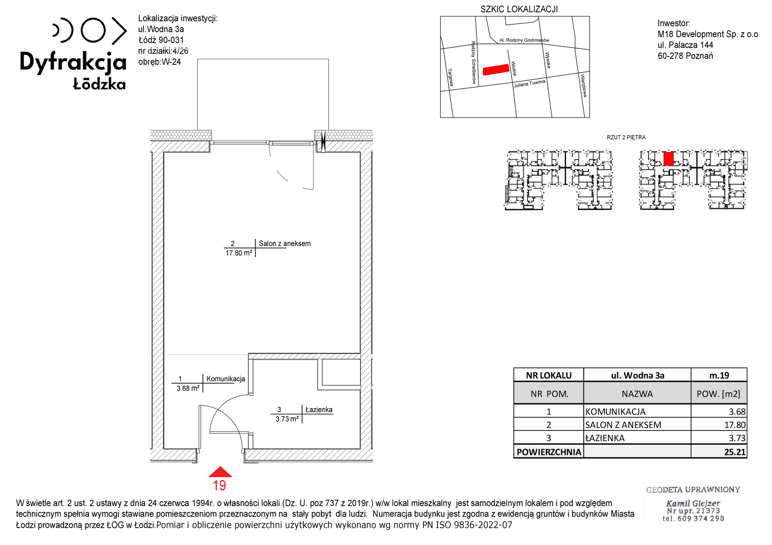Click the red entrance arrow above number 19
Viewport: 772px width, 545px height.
pyautogui.click(x=220, y=472)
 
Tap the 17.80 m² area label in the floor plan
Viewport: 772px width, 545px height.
pyautogui.click(x=239, y=253)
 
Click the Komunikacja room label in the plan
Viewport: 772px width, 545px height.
pyautogui.click(x=226, y=379)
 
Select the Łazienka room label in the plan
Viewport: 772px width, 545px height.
pyautogui.click(x=319, y=410)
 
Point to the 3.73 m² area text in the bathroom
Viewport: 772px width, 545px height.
pyautogui.click(x=287, y=419)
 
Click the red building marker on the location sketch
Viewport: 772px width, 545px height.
pyautogui.click(x=496, y=69)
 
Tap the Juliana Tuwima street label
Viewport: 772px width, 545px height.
pyautogui.click(x=530, y=84)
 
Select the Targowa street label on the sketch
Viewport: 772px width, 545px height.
pyautogui.click(x=450, y=78)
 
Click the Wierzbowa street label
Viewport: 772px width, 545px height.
pyautogui.click(x=584, y=86)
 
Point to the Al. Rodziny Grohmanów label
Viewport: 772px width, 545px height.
pyautogui.click(x=524, y=40)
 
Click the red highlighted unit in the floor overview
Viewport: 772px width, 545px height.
pyautogui.click(x=669, y=159)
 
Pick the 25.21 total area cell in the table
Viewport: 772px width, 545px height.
pyautogui.click(x=735, y=452)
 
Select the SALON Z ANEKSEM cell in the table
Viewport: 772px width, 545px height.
pyautogui.click(x=623, y=425)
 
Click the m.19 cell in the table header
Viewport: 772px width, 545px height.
pyautogui.click(x=719, y=375)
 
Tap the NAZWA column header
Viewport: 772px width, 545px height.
pyautogui.click(x=637, y=394)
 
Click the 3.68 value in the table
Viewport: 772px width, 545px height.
pyautogui.click(x=737, y=412)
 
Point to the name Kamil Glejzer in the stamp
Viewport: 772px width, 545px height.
pyautogui.click(x=693, y=503)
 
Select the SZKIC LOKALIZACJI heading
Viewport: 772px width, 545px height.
pyautogui.click(x=519, y=9)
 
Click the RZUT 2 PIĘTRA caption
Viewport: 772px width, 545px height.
pyautogui.click(x=626, y=137)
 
